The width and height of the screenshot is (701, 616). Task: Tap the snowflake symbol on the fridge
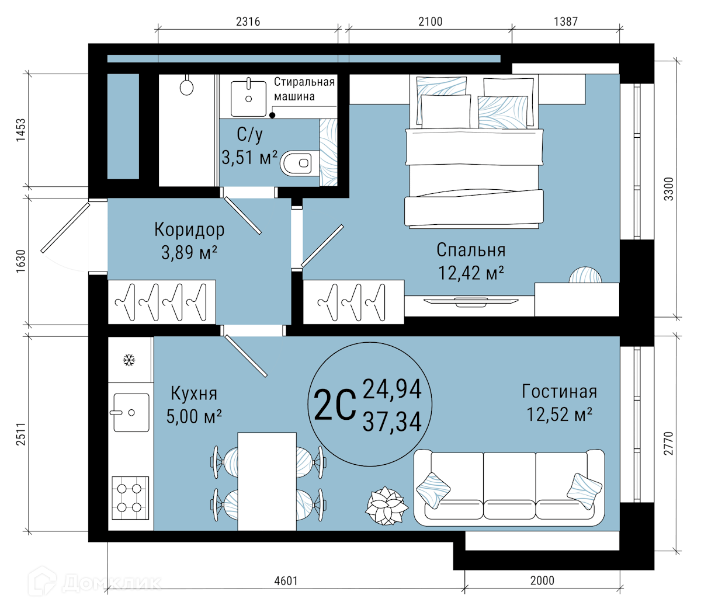click(129, 360)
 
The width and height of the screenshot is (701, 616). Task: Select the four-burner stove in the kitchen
click(130, 498)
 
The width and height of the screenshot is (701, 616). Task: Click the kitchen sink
click(131, 412)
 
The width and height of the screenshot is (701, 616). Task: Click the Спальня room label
click(471, 250)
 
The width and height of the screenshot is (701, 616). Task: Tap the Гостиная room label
click(560, 391)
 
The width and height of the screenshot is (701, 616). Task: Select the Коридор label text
click(189, 230)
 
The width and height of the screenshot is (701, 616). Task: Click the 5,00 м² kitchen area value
click(194, 416)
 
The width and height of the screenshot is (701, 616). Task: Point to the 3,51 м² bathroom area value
click(249, 158)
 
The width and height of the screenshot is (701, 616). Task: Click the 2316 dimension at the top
click(248, 22)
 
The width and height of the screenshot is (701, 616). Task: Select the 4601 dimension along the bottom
click(286, 581)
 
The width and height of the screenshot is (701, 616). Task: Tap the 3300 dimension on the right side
click(669, 189)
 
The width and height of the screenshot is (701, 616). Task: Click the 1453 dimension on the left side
click(21, 130)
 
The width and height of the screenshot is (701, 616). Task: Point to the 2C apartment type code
click(335, 404)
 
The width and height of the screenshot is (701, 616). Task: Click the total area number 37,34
click(392, 421)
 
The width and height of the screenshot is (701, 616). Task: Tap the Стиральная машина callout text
click(304, 89)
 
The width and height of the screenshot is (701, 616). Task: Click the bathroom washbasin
click(248, 98)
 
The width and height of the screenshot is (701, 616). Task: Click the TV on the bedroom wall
click(471, 302)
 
